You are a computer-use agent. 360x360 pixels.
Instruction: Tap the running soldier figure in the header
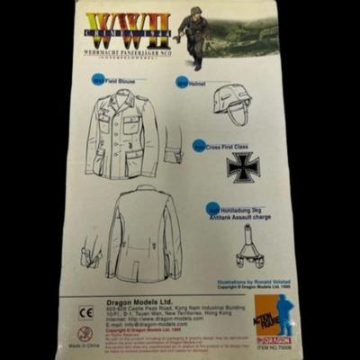[194, 36]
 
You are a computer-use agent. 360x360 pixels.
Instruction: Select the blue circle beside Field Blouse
[98, 81]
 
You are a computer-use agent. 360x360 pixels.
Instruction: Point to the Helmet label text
[197, 83]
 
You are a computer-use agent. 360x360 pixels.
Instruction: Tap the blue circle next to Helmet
[182, 83]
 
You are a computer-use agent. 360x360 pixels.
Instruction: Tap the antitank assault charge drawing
[247, 247]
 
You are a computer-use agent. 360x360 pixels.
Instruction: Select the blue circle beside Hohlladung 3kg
[213, 211]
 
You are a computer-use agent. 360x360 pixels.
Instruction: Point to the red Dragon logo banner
[274, 340]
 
